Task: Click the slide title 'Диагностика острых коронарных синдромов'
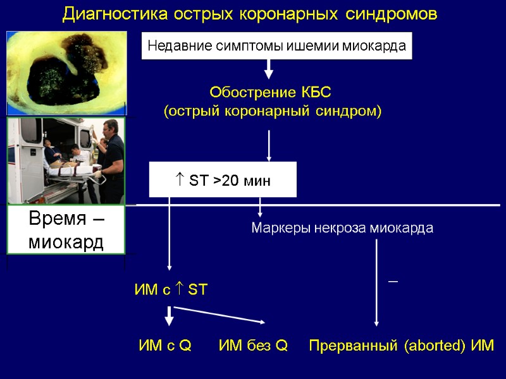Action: pos(250,15)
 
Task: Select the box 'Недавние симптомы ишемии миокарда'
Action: pos(276,46)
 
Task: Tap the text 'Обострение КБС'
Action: pos(270,93)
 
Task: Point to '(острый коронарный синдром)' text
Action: pos(273,112)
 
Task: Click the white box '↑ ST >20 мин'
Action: pos(222,181)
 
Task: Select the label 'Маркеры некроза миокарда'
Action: pos(342,228)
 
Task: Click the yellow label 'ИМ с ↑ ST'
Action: pos(171,290)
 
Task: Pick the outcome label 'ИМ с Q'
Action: pos(165,346)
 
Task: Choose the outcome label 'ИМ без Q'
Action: pos(253,346)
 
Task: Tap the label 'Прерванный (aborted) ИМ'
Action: pos(401,346)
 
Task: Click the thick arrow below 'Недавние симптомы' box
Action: pos(269,68)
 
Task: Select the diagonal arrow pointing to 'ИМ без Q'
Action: pos(221,315)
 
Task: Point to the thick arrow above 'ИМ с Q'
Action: pos(169,316)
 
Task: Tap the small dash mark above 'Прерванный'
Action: pos(393,280)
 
